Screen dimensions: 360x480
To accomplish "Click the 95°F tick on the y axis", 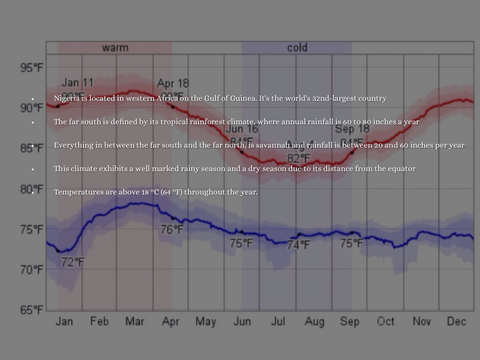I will click(31, 67).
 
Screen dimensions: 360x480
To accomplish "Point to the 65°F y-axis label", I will click(31, 310).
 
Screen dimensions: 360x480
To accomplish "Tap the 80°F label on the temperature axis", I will click(31, 189).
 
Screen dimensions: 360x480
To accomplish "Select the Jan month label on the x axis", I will click(64, 322).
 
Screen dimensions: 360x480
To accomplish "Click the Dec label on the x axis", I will click(456, 322).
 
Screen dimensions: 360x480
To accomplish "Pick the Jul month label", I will click(278, 322).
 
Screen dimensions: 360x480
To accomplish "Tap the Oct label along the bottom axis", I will click(385, 322).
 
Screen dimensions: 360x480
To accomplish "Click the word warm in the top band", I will click(115, 48).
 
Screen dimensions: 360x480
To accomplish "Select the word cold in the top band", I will click(297, 48).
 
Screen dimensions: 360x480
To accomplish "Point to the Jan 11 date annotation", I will click(77, 83).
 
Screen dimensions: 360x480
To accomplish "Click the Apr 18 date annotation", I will click(172, 83).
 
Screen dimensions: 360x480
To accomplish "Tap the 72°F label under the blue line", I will click(73, 262).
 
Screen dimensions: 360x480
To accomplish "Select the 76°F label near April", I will click(172, 230).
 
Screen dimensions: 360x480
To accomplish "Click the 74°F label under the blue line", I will click(299, 245).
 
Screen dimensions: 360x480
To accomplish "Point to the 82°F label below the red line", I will click(299, 158).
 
